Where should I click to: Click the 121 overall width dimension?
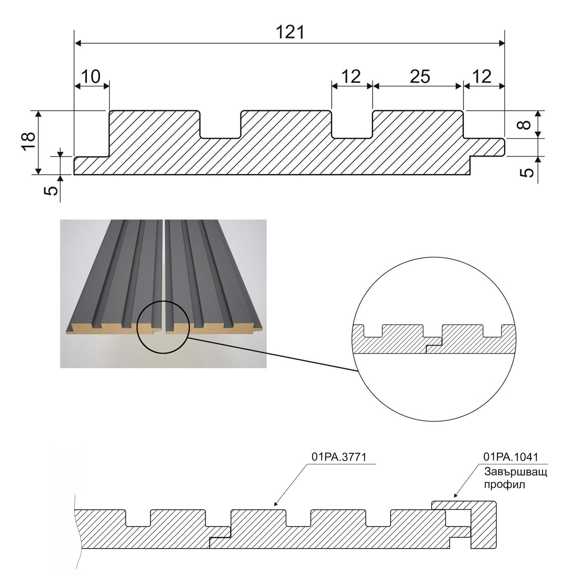tap(290, 32)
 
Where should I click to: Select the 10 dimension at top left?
tap(91, 76)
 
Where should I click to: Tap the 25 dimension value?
tap(420, 76)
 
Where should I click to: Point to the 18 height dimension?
tap(29, 141)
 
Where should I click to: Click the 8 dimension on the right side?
tap(526, 125)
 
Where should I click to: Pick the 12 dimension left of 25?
tap(351, 76)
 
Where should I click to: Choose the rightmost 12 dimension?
tap(482, 76)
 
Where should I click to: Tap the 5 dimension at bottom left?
tap(51, 189)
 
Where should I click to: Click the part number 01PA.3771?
tap(339, 457)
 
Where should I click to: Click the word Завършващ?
tap(516, 472)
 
